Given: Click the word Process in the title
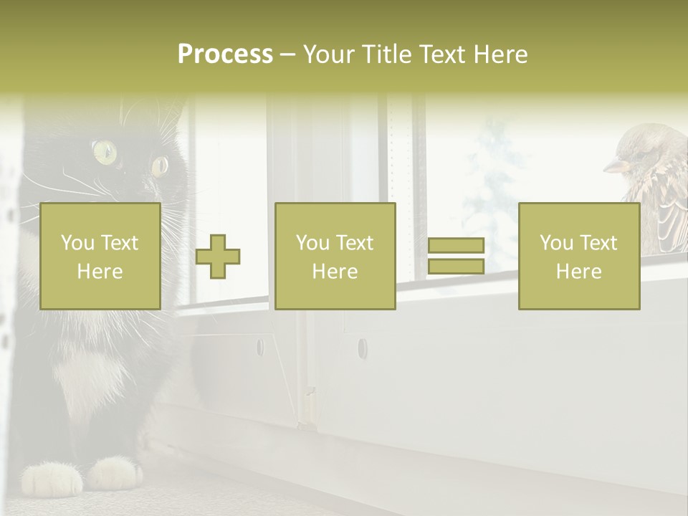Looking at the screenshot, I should pos(225,54).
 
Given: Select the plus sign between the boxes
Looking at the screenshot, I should pos(218,256).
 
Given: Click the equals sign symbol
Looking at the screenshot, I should pos(456,256).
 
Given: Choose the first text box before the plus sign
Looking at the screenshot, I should pos(100,256).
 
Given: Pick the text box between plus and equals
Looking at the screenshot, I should pos(335,256).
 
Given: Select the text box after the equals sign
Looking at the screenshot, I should pos(578,256).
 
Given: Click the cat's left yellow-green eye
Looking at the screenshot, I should pos(105,151).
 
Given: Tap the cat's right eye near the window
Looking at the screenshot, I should pos(159,166).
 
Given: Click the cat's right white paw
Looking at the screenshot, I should pos(115,473).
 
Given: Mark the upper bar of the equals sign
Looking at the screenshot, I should pos(456,245).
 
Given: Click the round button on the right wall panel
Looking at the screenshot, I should pos(362,349).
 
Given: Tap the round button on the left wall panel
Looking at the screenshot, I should pos(259,348).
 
